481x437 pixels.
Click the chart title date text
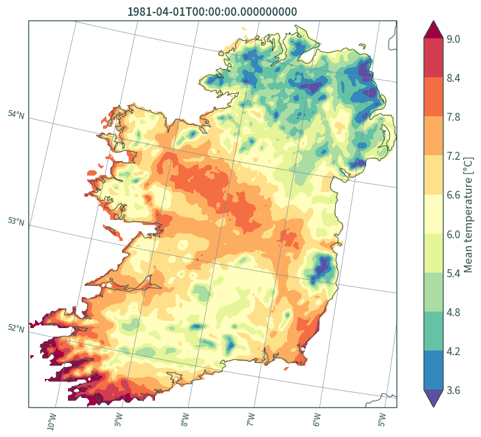pyautogui.click(x=212, y=12)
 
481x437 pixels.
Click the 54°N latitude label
pyautogui.click(x=16, y=115)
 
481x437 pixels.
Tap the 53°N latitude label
pyautogui.click(x=16, y=221)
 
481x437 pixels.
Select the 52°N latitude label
pyautogui.click(x=16, y=328)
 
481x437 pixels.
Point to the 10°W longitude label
pyautogui.click(x=52, y=421)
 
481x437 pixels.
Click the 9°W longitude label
pyautogui.click(x=118, y=420)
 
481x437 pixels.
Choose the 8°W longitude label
pyautogui.click(x=185, y=420)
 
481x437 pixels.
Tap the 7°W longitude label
pyautogui.click(x=251, y=420)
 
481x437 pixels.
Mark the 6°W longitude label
pyautogui.click(x=317, y=420)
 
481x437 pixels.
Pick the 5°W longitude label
pyautogui.click(x=382, y=420)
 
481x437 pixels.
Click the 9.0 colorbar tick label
pyautogui.click(x=453, y=40)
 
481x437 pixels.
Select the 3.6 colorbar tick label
pyautogui.click(x=453, y=390)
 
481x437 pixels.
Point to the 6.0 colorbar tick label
pyautogui.click(x=453, y=234)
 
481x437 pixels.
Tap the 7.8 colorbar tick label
pyautogui.click(x=453, y=118)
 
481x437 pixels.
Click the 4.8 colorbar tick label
pyautogui.click(x=453, y=312)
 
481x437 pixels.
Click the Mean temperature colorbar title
pyautogui.click(x=468, y=215)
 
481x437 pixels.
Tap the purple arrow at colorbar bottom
pyautogui.click(x=433, y=398)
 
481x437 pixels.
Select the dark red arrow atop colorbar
pyautogui.click(x=433, y=30)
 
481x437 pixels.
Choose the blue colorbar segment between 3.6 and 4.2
pyautogui.click(x=433, y=370)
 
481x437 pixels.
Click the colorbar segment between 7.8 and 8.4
pyautogui.click(x=433, y=96)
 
